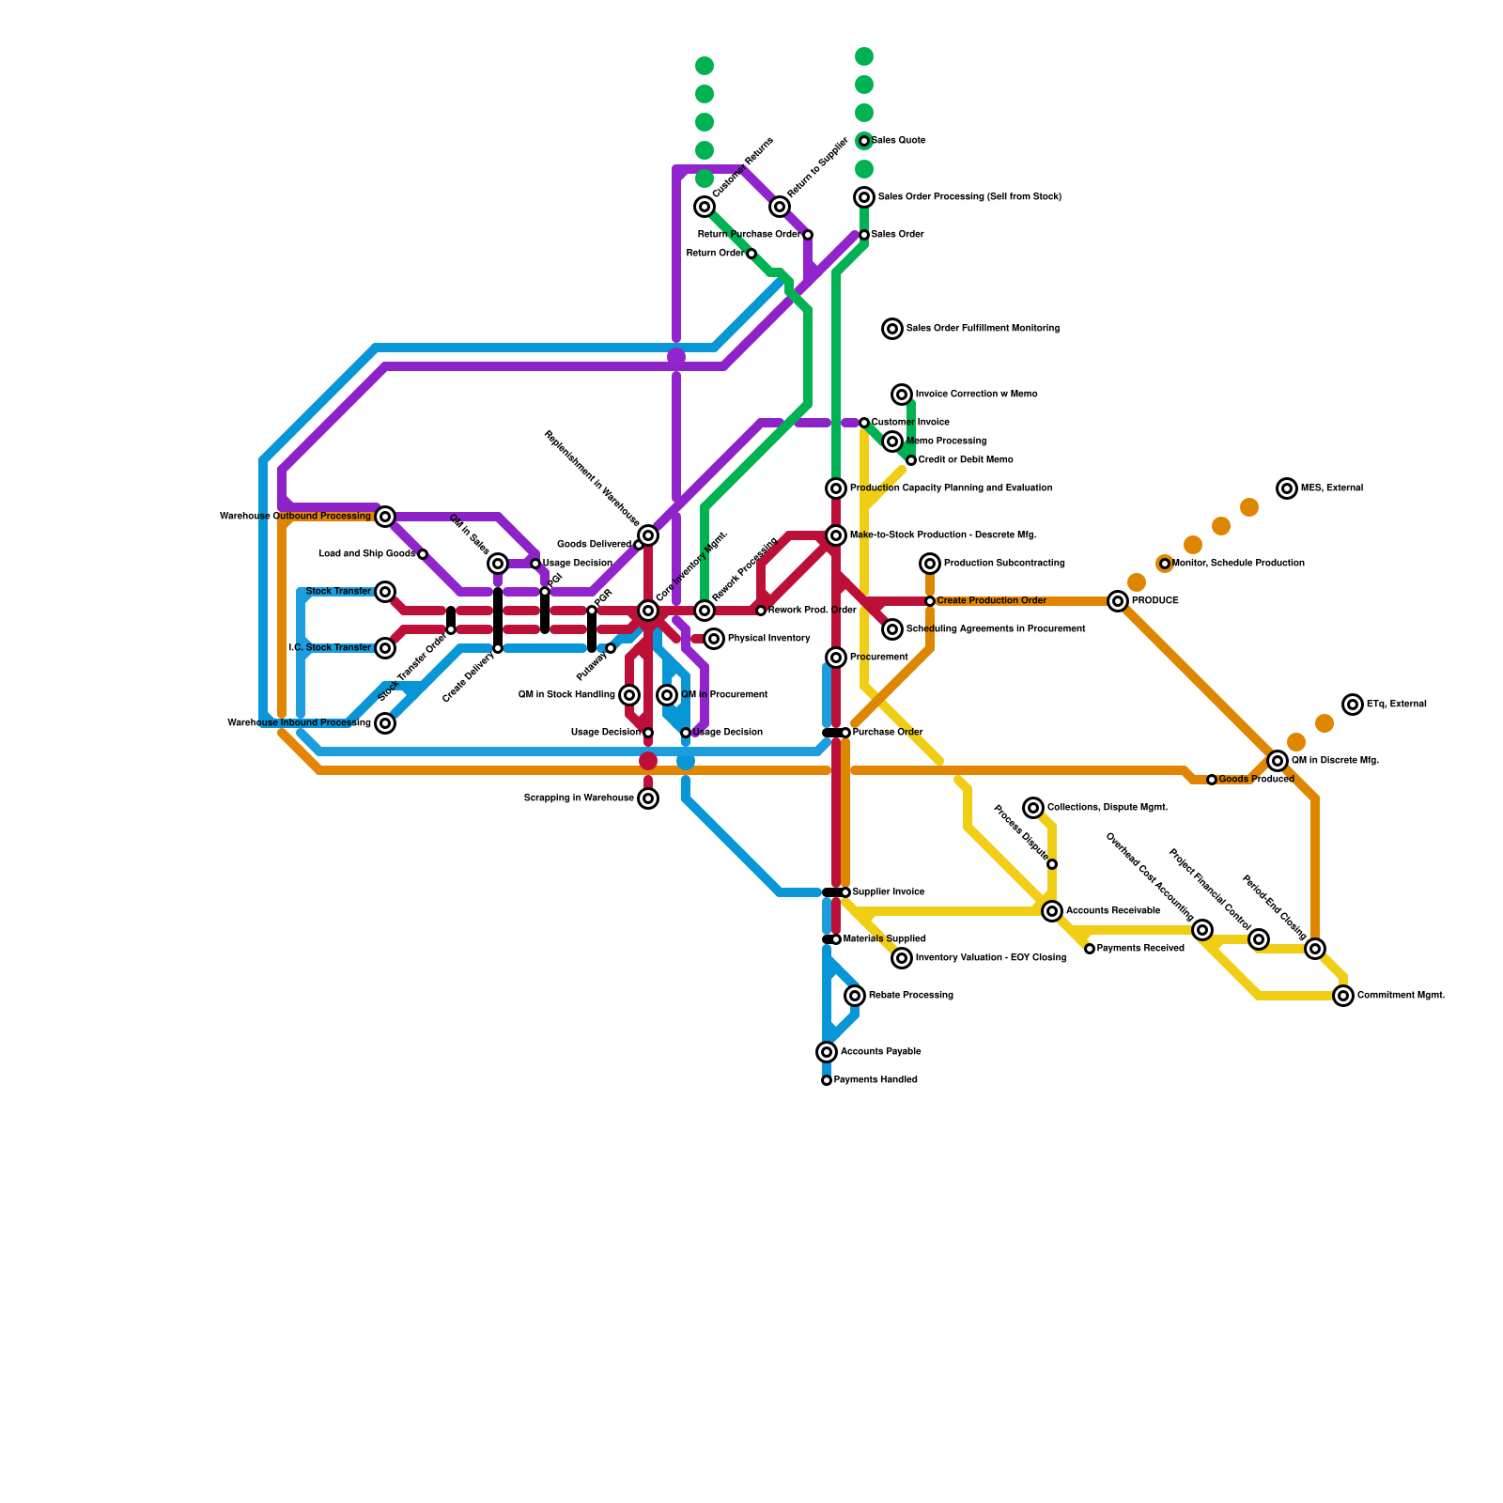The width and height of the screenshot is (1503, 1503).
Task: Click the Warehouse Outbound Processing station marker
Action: [x=385, y=517]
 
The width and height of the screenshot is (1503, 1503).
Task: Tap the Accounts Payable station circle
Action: [x=827, y=1052]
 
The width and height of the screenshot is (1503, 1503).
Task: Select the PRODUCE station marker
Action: [x=1118, y=601]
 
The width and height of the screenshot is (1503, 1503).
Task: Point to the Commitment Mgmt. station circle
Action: [x=1344, y=996]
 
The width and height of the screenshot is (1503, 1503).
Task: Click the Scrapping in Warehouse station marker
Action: [x=648, y=798]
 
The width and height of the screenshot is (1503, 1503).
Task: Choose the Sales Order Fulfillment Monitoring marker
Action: [x=892, y=329]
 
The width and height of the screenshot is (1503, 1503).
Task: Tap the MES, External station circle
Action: [x=1287, y=488]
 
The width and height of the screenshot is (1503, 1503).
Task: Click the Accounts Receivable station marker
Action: [x=1052, y=911]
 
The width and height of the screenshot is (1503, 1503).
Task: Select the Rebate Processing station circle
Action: [x=855, y=996]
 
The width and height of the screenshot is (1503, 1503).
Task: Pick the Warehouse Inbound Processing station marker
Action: [x=385, y=723]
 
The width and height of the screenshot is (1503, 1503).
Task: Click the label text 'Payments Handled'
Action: [x=875, y=1080]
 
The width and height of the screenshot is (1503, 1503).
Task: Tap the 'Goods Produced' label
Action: [x=1256, y=780]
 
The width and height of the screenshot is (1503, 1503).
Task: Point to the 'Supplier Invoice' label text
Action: [x=889, y=892]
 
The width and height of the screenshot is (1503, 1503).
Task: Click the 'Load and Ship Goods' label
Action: [x=366, y=554]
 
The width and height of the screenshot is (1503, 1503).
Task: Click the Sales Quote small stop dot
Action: [x=864, y=141]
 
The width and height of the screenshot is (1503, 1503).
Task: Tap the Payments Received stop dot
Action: [x=1090, y=949]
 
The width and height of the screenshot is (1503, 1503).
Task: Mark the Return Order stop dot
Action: [x=751, y=254]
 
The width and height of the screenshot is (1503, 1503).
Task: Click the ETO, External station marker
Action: [x=1353, y=705]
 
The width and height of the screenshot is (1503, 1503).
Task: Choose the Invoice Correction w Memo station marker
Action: [x=902, y=395]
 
